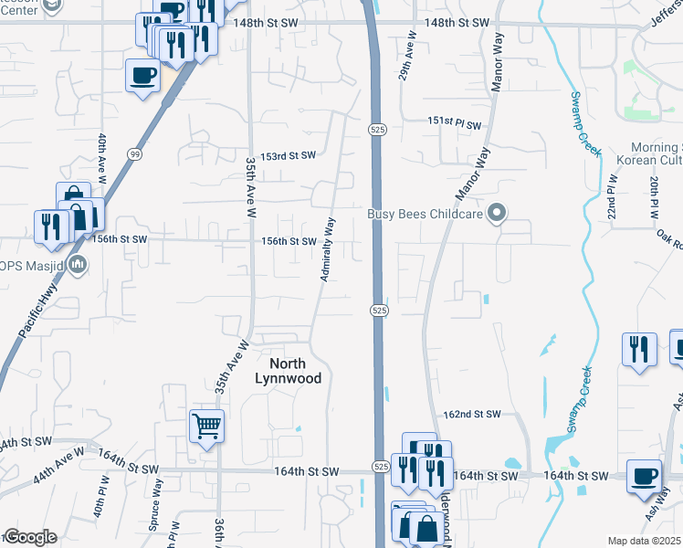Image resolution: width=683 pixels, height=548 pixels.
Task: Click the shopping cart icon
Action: [207, 425]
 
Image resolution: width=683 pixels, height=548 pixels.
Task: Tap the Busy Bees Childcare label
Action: [426, 215]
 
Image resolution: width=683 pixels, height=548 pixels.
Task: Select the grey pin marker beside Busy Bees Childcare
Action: [497, 215]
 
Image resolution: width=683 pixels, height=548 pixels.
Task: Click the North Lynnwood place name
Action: [289, 370]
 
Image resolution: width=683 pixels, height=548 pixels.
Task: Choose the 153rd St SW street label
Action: [289, 156]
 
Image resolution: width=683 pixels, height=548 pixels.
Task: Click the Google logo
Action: [29, 537]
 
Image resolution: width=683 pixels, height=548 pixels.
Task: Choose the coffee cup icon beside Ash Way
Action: [645, 476]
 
